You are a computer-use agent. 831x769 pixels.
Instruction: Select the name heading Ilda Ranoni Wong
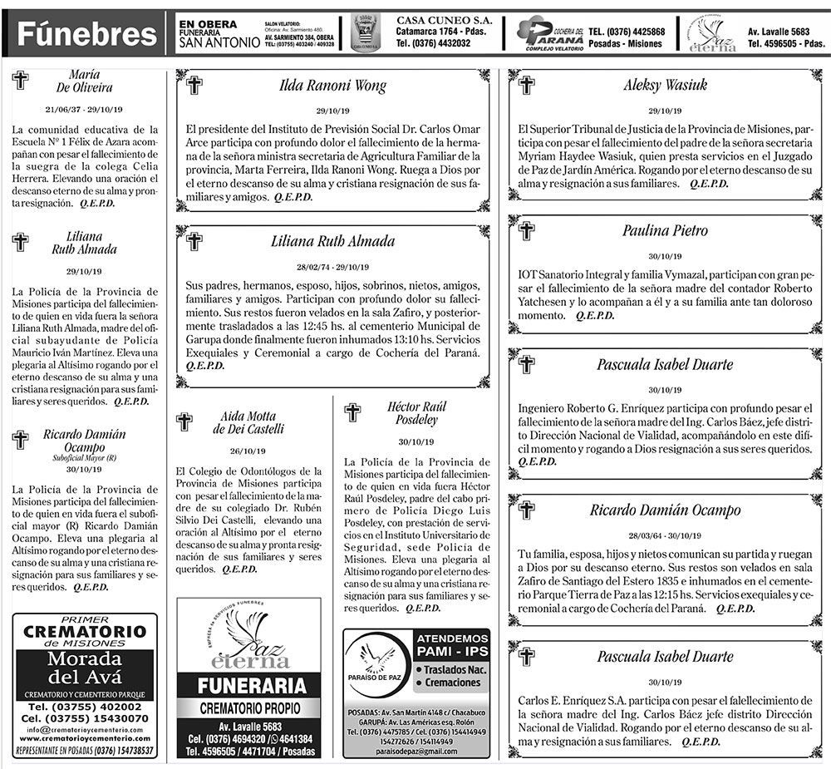[332, 85]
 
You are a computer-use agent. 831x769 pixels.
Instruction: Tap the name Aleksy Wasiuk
[664, 85]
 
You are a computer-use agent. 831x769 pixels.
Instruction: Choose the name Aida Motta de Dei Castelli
[248, 422]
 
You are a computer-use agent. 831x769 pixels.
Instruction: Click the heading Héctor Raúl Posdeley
[416, 412]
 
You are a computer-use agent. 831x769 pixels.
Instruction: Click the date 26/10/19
[248, 451]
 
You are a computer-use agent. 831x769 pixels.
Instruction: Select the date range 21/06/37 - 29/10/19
[85, 110]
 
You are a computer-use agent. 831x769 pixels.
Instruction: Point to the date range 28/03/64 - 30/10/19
[664, 535]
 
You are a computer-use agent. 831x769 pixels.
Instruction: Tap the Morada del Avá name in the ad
[85, 670]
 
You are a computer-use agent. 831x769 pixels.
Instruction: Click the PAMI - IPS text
[452, 651]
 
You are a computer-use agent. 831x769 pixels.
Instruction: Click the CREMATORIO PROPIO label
[248, 709]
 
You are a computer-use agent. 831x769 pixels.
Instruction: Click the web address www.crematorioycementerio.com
[85, 738]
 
